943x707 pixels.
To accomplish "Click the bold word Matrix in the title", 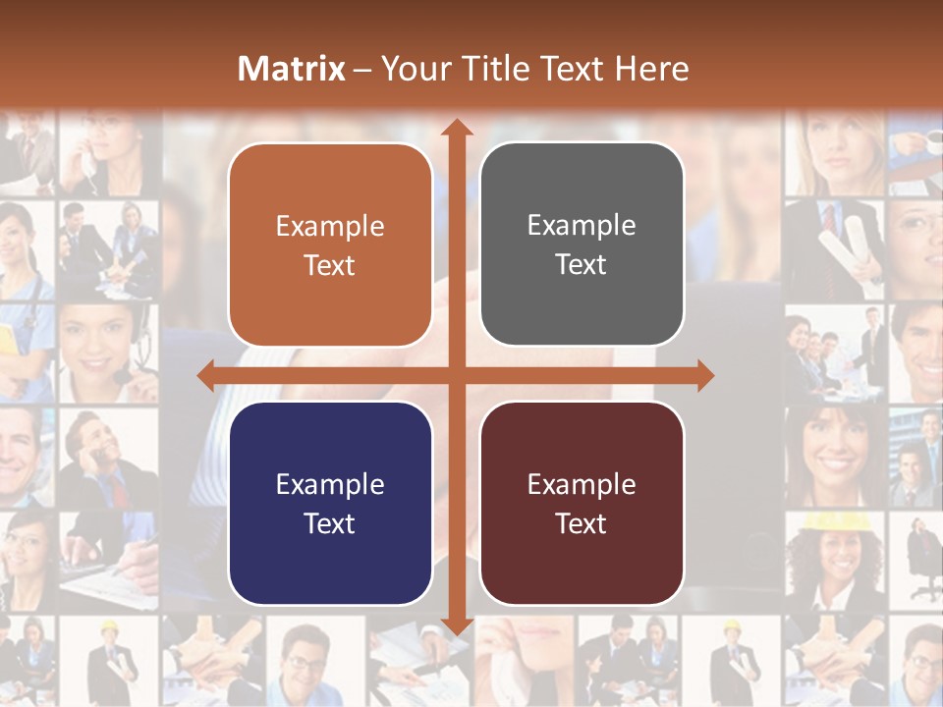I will tap(292, 69).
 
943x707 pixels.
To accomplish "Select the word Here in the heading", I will tap(651, 69).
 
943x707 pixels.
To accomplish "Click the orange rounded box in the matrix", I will tap(330, 245).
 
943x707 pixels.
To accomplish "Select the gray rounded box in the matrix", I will tap(582, 245).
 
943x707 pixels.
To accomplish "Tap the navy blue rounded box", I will tap(330, 504).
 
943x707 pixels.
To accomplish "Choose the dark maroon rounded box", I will tap(582, 504).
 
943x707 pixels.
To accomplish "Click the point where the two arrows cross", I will tap(456, 375).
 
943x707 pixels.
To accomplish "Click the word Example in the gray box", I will tap(582, 225).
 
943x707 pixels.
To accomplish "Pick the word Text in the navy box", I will tap(330, 523).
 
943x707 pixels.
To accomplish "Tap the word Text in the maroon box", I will tap(582, 523).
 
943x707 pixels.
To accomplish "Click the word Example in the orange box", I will tap(330, 226).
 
